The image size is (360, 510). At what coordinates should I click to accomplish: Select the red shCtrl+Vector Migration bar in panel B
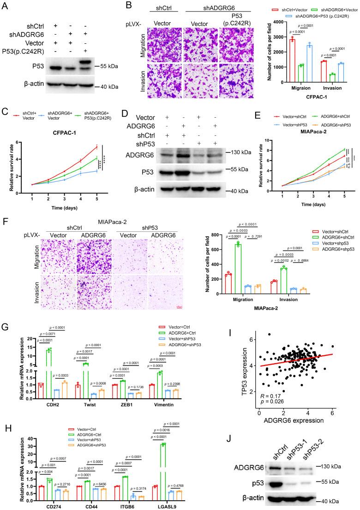(279, 57)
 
